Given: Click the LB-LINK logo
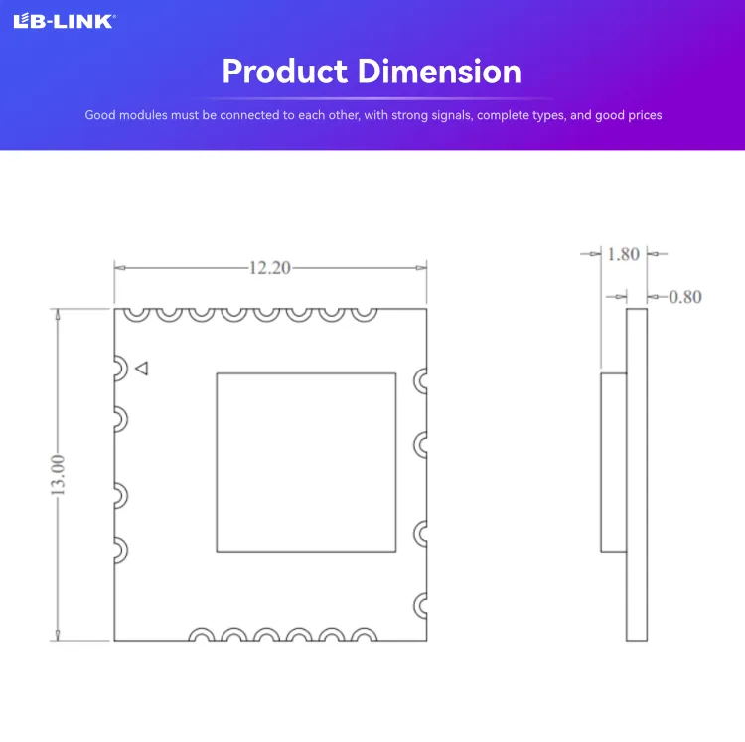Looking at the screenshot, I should [63, 22].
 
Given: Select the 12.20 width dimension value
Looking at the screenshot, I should [270, 267].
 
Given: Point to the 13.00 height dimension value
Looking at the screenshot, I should [58, 475].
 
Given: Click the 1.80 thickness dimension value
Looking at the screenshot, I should [623, 254].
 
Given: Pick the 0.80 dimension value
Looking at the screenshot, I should [685, 296].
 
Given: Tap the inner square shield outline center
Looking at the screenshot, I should [306, 462].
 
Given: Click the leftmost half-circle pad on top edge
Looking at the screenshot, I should [137, 313].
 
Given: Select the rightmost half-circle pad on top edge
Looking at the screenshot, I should [364, 313].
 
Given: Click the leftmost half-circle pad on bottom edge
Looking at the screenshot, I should [202, 635].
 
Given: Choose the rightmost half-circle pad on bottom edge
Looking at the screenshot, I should [364, 635].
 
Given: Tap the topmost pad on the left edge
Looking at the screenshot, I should [119, 369].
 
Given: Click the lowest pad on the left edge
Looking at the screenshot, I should [119, 549].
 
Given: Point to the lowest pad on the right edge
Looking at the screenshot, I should [422, 603].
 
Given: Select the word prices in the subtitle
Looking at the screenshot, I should [641, 115].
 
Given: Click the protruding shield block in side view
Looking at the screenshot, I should [613, 462].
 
